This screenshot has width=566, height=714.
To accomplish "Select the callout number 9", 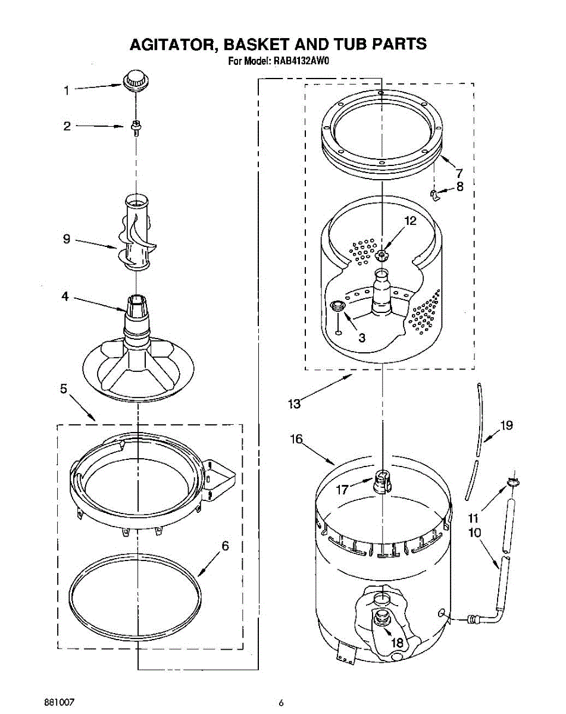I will tap(67, 239).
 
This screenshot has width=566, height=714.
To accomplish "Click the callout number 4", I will tap(65, 296).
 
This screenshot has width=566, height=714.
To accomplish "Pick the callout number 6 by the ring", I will tap(225, 546).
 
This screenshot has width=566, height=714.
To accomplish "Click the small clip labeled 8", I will tap(435, 195).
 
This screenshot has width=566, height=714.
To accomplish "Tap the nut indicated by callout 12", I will tap(381, 255).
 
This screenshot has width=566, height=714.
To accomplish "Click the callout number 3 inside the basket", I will tap(362, 337).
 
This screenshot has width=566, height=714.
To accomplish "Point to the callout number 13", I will tap(294, 404).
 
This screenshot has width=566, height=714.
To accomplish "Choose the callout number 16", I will tap(296, 440).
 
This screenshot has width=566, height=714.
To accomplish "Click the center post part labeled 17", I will tap(382, 480).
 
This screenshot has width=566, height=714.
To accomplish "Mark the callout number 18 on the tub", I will tap(396, 642).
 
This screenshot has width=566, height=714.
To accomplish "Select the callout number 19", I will tap(506, 425).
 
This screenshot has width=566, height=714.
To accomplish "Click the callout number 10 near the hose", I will tap(474, 533).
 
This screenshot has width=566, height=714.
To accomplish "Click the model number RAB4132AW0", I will tap(301, 61).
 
